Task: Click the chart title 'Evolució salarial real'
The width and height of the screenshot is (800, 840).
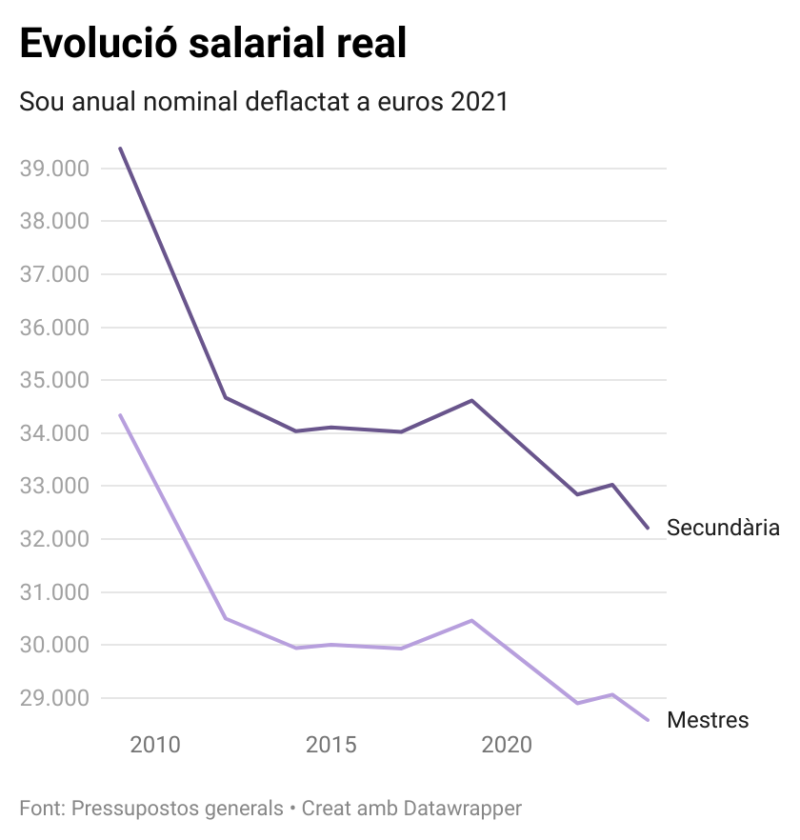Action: tap(213, 45)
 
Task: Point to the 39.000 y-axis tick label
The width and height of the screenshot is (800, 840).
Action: tap(54, 169)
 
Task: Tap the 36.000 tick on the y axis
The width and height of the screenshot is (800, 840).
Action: tap(54, 328)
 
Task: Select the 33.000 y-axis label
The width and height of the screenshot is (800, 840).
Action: tap(54, 487)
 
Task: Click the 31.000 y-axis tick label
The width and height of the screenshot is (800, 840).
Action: tap(54, 592)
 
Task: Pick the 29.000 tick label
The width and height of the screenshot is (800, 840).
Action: tap(54, 698)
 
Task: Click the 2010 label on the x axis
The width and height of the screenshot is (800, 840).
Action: tap(154, 744)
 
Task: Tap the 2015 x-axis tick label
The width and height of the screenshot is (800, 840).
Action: tap(330, 744)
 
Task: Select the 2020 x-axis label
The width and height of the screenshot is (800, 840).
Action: tap(507, 744)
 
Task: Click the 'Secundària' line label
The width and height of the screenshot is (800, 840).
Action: tap(723, 528)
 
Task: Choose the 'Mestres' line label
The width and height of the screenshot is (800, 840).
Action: tap(708, 720)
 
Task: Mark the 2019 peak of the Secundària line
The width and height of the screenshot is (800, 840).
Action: tap(471, 400)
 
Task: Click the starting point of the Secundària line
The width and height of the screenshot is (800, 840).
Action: tap(120, 149)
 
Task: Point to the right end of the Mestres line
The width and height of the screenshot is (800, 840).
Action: tap(648, 720)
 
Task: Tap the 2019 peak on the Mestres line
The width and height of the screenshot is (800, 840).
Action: tap(471, 620)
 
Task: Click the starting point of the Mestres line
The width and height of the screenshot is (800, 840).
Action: tap(120, 415)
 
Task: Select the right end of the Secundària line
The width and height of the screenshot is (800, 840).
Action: tap(648, 528)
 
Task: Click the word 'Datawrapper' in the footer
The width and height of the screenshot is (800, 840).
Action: tap(463, 809)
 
